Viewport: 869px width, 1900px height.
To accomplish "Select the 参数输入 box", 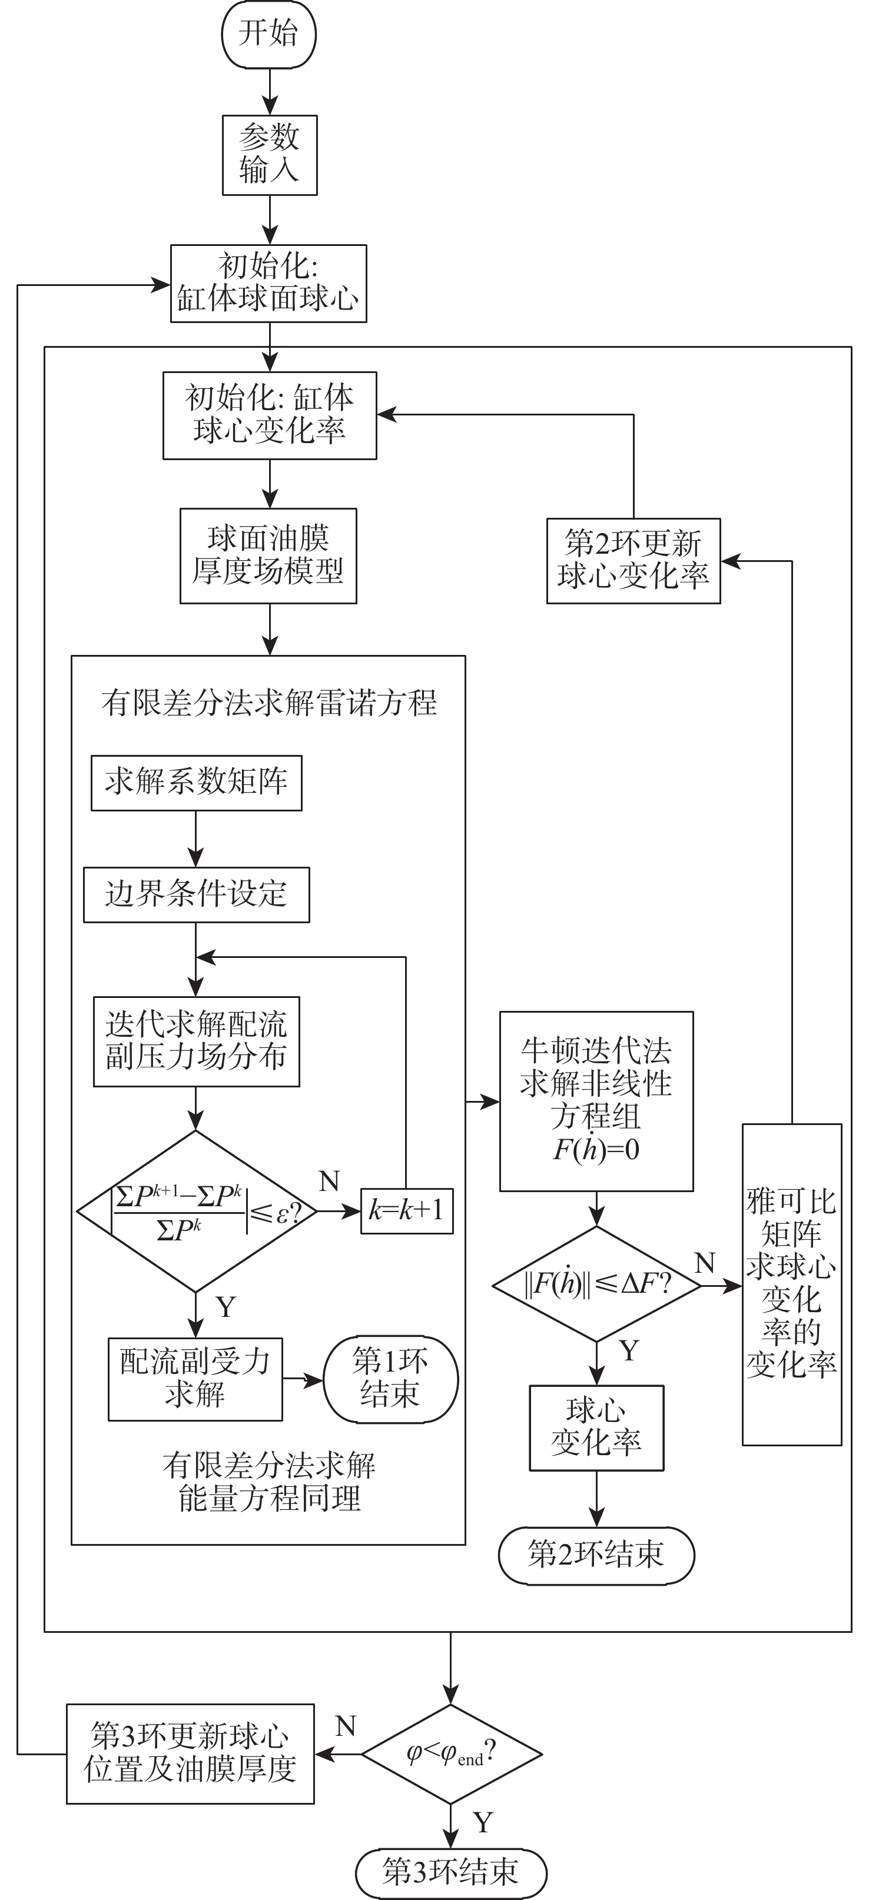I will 270,155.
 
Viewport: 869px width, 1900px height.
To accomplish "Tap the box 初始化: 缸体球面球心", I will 268,283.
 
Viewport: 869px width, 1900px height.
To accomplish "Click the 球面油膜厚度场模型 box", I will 268,555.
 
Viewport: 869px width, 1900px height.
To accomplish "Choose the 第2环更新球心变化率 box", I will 633,561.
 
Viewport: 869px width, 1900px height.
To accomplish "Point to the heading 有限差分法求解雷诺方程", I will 268,703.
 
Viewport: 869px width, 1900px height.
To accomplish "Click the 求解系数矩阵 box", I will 196,783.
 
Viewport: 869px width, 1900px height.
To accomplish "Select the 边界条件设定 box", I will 196,894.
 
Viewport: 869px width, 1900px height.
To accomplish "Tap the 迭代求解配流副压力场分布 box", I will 196,1041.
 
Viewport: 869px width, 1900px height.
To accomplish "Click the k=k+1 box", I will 406,1211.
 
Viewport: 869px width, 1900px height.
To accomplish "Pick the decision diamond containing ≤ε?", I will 196,1211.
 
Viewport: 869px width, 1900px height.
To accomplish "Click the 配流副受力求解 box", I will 195,1379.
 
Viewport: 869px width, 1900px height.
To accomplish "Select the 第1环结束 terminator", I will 390,1379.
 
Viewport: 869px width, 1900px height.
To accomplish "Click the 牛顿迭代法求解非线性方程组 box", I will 596,1100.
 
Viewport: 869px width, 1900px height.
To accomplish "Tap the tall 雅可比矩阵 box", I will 791,1284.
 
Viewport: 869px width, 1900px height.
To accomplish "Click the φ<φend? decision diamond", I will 451,1753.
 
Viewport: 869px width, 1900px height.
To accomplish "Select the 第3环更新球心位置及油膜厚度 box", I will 190,1753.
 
